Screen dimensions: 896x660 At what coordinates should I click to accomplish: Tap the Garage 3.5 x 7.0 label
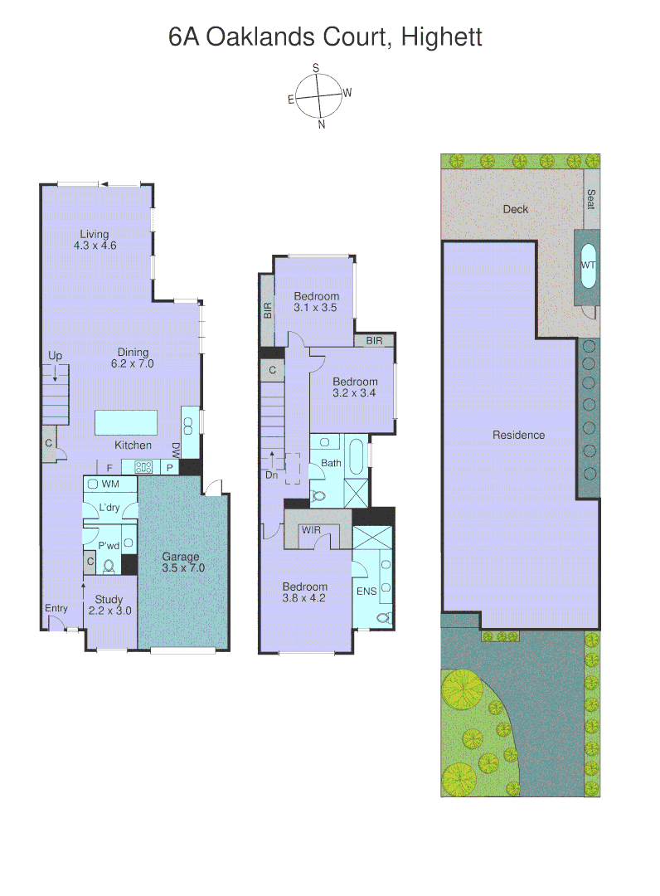pyautogui.click(x=182, y=562)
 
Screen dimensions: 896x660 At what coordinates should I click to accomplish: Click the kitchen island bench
pyautogui.click(x=132, y=422)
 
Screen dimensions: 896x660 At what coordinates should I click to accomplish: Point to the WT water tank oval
pyautogui.click(x=589, y=265)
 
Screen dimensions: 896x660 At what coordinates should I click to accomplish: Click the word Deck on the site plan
pyautogui.click(x=515, y=209)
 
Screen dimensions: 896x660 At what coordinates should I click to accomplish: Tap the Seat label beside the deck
pyautogui.click(x=591, y=199)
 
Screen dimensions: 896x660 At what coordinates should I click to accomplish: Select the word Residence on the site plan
pyautogui.click(x=518, y=435)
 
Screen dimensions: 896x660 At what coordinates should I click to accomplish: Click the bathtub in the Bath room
pyautogui.click(x=355, y=460)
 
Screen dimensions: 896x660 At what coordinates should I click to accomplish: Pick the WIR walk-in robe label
pyautogui.click(x=312, y=529)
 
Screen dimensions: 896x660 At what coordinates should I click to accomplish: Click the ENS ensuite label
pyautogui.click(x=366, y=592)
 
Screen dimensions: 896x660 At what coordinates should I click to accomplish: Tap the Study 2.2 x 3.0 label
pyautogui.click(x=109, y=605)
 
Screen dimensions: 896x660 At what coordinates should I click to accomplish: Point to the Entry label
pyautogui.click(x=56, y=608)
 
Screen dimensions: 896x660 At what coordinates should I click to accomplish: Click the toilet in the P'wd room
pyautogui.click(x=109, y=567)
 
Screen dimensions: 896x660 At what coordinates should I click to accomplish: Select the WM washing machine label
pyautogui.click(x=109, y=484)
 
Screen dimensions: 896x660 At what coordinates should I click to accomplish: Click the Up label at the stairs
pyautogui.click(x=55, y=356)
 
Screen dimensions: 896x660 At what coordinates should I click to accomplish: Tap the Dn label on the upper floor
pyautogui.click(x=271, y=475)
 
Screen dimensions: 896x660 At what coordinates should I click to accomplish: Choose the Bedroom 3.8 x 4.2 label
pyautogui.click(x=304, y=592)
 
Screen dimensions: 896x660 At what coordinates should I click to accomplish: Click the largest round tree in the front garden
pyautogui.click(x=458, y=688)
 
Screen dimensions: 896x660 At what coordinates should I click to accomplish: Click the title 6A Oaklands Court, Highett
pyautogui.click(x=325, y=37)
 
